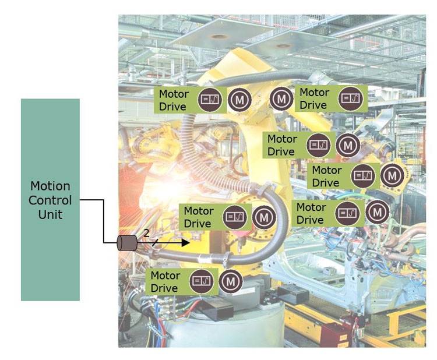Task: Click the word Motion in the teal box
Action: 50,186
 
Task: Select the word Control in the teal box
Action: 50,200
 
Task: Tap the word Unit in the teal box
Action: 50,214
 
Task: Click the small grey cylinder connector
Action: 126,243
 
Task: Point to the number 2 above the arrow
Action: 146,234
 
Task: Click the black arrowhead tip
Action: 188,242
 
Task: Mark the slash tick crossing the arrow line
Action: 154,243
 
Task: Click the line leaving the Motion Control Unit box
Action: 92,200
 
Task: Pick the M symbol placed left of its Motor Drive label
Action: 281,98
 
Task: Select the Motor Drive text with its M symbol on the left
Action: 314,98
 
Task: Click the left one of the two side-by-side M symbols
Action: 239,100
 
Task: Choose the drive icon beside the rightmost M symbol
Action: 363,175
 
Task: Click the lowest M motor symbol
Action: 231,281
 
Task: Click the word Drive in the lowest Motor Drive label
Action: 164,288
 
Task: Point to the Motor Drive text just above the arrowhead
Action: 198,217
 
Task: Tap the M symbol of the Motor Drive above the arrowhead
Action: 264,217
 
